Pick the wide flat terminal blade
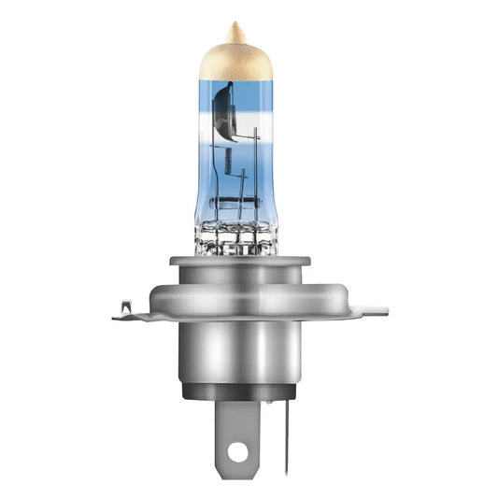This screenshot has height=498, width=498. [x=237, y=439]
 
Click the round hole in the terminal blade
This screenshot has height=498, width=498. [x=237, y=452]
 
